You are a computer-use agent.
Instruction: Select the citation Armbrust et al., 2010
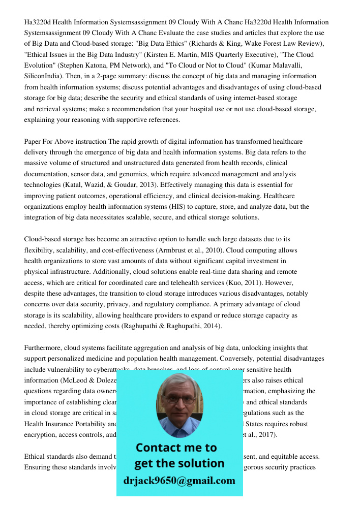click(x=190, y=250)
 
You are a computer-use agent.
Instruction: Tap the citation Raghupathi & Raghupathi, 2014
click(x=172, y=326)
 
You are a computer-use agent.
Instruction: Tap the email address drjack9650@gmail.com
click(x=179, y=481)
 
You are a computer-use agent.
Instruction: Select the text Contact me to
click(x=176, y=448)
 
